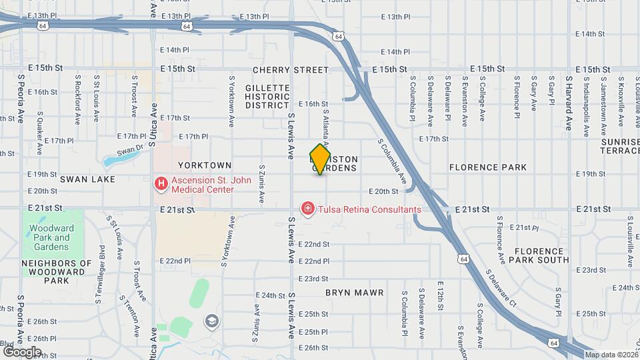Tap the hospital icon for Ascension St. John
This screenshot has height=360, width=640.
click(x=161, y=183)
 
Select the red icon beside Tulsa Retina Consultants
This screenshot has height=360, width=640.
click(x=308, y=209)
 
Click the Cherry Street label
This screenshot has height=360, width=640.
click(x=291, y=69)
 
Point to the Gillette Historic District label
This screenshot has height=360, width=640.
click(x=267, y=96)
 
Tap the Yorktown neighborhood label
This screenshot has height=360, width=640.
click(x=204, y=165)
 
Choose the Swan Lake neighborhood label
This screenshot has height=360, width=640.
click(x=87, y=179)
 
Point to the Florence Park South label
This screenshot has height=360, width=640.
click(x=541, y=255)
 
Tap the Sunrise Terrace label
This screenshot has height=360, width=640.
click(x=620, y=147)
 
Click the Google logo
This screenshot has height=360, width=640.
click(x=21, y=351)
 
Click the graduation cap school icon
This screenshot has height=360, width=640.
click(x=213, y=322)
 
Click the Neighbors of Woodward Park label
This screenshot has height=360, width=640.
click(x=57, y=271)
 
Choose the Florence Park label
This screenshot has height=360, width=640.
click(x=488, y=167)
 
